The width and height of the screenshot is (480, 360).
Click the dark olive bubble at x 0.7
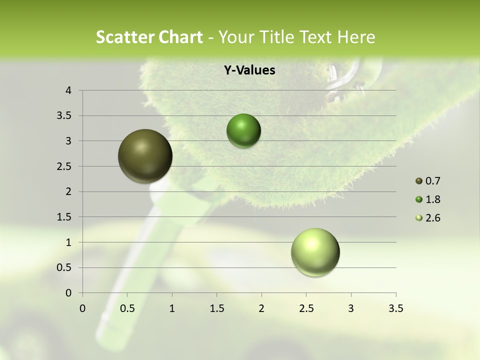145,156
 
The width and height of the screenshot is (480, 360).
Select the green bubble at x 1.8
243,131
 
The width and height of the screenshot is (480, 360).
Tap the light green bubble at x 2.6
315,252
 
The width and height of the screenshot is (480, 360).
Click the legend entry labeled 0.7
428,181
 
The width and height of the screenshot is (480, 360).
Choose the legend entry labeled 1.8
428,199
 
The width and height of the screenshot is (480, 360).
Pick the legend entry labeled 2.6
428,218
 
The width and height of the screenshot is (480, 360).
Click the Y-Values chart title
249,70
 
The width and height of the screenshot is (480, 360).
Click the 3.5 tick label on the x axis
395,308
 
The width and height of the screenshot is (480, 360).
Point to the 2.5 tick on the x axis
306,308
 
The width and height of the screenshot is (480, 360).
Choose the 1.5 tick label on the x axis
216,308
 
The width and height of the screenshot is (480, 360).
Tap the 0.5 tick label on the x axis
127,308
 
